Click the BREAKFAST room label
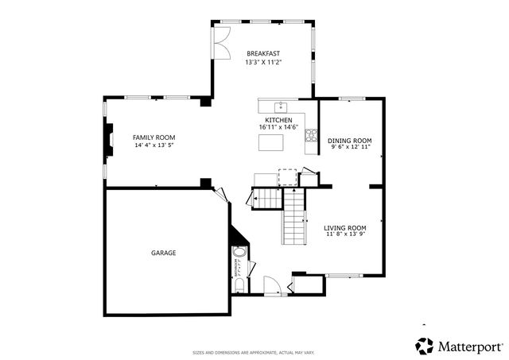click(x=262, y=53)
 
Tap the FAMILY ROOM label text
click(x=153, y=137)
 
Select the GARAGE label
click(x=164, y=253)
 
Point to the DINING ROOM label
click(x=350, y=140)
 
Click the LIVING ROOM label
click(x=345, y=227)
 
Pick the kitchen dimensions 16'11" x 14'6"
click(x=278, y=127)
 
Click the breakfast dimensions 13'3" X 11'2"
click(x=262, y=61)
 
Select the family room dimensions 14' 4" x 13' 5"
click(x=153, y=145)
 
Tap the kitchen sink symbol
click(x=280, y=106)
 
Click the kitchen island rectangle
click(x=271, y=142)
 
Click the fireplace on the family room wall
click(x=106, y=140)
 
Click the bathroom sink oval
click(x=239, y=255)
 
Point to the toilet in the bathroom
click(x=239, y=285)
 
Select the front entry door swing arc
click(x=271, y=284)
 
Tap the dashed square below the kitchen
click(x=286, y=176)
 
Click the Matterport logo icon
click(x=425, y=346)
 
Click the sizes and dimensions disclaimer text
click(x=254, y=352)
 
